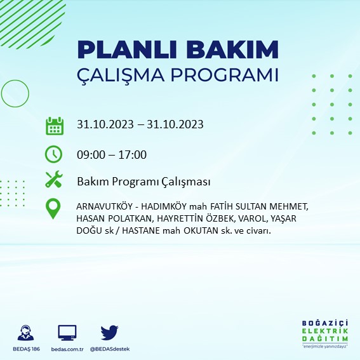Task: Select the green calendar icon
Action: pos(55,125)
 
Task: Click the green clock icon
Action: pos(54,154)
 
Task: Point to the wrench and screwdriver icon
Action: pos(54,180)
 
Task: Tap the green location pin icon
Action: pos(54,209)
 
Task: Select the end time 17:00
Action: pos(133,154)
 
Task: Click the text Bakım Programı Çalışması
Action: pos(143,182)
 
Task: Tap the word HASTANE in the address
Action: pos(134,230)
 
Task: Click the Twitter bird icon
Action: pos(110,332)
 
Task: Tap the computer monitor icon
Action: pos(67,332)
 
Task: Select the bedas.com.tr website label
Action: pos(67,349)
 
